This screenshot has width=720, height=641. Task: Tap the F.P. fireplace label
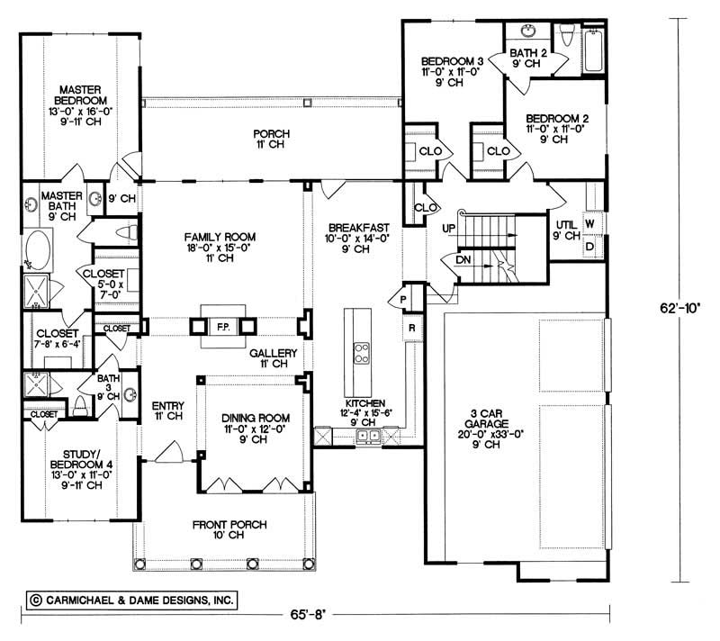[223, 328]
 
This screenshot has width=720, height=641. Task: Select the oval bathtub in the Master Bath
[38, 250]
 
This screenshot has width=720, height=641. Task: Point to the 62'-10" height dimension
[680, 308]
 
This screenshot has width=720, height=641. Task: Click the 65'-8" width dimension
[307, 614]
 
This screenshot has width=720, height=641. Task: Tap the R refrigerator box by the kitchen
[412, 328]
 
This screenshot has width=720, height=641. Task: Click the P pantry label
[403, 300]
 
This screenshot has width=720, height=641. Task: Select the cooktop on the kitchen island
[362, 354]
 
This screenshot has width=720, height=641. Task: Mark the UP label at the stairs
[449, 228]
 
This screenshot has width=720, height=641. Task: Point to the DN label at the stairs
[463, 259]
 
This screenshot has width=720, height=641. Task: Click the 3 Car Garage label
[490, 429]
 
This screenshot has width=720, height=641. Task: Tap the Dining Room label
[256, 429]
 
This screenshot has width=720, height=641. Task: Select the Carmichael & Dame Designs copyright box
[131, 600]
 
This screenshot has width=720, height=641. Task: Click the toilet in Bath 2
[568, 35]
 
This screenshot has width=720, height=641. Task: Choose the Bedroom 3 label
[452, 72]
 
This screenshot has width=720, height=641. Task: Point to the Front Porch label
[229, 529]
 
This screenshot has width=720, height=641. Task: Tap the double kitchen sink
[368, 436]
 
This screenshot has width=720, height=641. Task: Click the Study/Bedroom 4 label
[81, 469]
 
